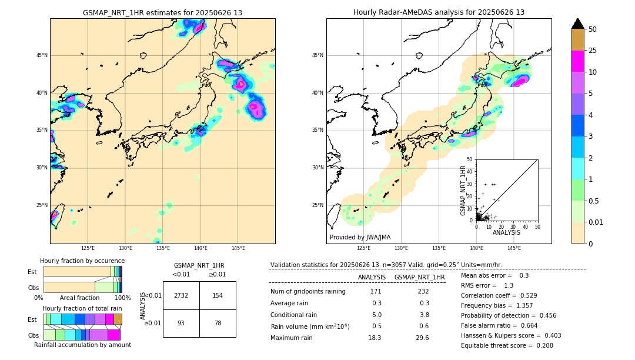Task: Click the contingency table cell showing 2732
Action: (181, 295)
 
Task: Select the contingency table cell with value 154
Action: (218, 295)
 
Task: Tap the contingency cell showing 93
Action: (181, 323)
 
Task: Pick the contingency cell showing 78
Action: (218, 323)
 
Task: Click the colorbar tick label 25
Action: (593, 51)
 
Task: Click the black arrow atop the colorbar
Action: (578, 24)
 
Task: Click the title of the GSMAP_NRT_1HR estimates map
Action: (162, 12)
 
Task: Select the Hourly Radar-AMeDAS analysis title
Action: (439, 12)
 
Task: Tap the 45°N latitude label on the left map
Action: (42, 55)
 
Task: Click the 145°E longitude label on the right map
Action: (514, 248)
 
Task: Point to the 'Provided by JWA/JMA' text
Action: (360, 237)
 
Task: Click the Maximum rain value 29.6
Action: (422, 338)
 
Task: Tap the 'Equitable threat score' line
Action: (507, 345)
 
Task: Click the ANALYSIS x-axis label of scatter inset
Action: (506, 232)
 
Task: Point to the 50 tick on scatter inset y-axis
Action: (470, 159)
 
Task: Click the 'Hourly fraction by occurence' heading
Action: (82, 261)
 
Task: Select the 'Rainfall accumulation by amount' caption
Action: (82, 345)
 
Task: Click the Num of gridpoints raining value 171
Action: (375, 291)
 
